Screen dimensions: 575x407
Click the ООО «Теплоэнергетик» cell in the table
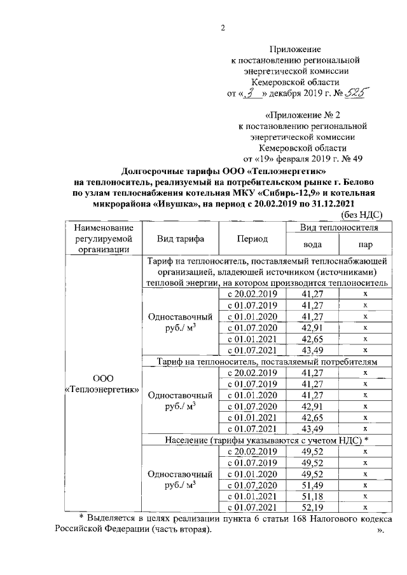[103, 384]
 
